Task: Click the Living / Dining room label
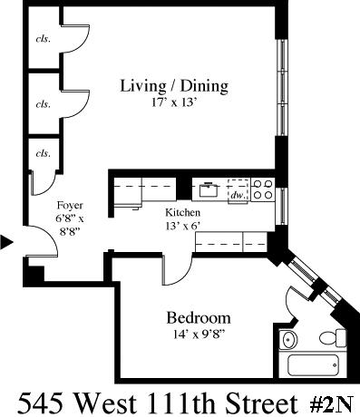point(174,86)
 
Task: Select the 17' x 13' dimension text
point(174,103)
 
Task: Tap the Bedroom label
point(199,318)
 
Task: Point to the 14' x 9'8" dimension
point(199,335)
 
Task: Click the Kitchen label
point(182,212)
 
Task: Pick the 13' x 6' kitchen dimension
point(183,226)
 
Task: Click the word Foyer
point(70,206)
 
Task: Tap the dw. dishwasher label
point(238,195)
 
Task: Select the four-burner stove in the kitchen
point(263,189)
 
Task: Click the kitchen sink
point(209,189)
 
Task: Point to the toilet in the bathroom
point(333,338)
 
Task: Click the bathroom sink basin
point(288,340)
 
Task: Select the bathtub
point(313,365)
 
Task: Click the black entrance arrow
point(6,242)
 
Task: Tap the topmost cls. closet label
point(44,39)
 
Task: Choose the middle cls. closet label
point(44,104)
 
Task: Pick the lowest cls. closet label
point(44,153)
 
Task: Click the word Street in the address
point(262,403)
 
